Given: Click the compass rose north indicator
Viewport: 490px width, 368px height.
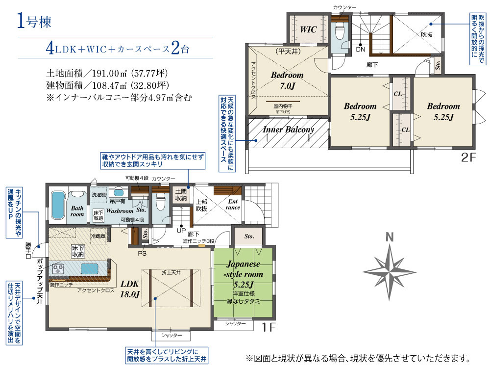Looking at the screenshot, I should coord(390,237).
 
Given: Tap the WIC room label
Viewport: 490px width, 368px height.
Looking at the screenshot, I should coord(308,29).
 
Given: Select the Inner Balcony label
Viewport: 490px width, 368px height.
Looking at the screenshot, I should coord(288,130).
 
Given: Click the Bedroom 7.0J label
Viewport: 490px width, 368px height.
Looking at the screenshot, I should coord(288,80).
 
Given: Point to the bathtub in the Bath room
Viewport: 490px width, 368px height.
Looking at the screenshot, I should coord(57,206).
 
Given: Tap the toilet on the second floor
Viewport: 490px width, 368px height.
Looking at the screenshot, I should coord(339,33).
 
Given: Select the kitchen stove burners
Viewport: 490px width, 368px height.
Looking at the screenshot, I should coord(59,269).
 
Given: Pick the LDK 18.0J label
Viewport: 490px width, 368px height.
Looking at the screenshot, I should coord(130,289).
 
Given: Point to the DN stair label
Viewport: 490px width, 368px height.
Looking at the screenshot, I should coord(361,49).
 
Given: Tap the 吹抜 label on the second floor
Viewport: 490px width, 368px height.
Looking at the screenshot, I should coord(427,35).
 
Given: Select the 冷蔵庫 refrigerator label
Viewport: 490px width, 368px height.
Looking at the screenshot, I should coord(99,236).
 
